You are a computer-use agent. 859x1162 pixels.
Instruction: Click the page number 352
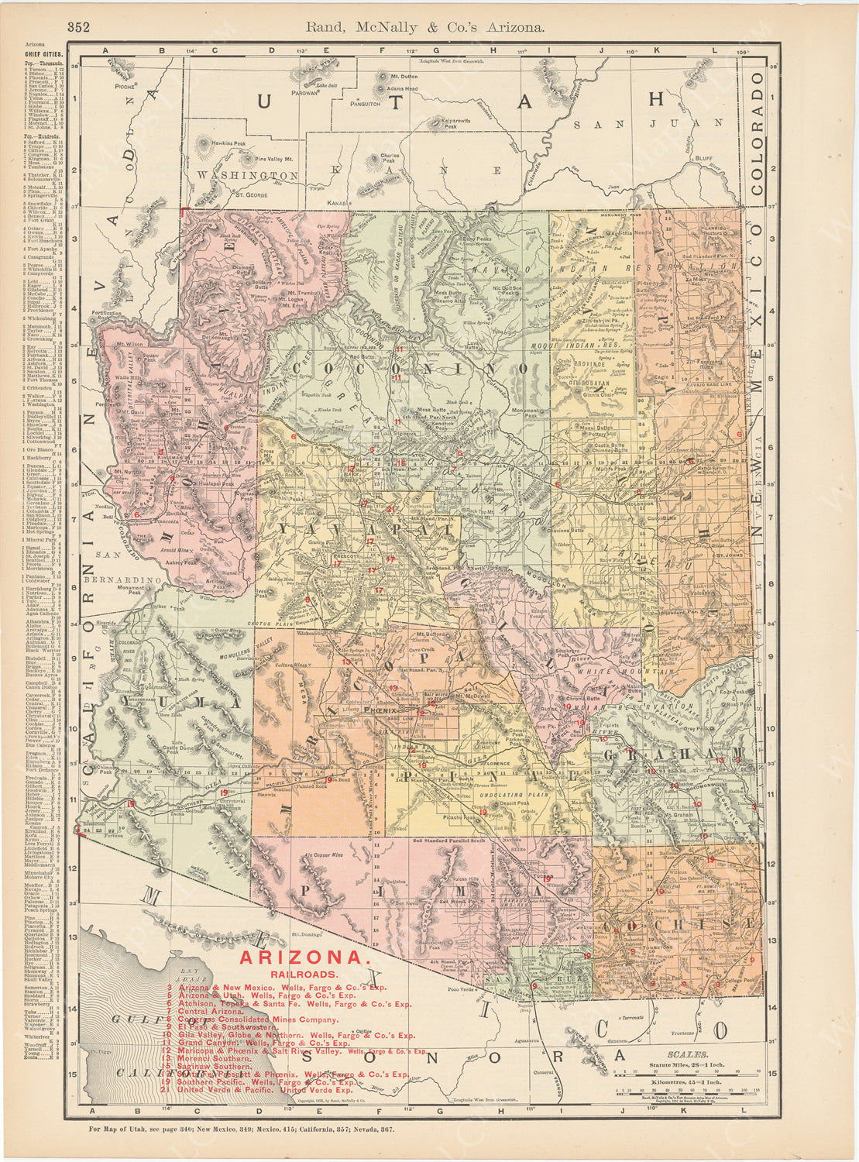pyautogui.click(x=78, y=27)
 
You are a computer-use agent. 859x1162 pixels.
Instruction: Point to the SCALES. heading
pyautogui.click(x=691, y=1054)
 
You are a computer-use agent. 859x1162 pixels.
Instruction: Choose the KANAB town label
pyautogui.click(x=336, y=203)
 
